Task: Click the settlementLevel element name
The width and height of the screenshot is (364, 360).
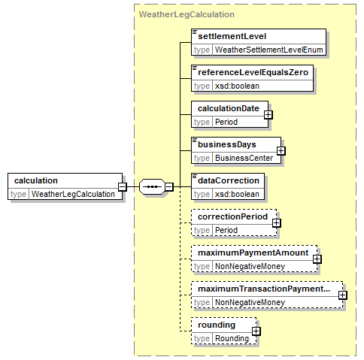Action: (232, 36)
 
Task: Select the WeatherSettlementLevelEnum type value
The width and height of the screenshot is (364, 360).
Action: (268, 50)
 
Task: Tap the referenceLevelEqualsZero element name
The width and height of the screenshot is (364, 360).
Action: (253, 72)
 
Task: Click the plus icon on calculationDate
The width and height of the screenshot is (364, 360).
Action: (268, 115)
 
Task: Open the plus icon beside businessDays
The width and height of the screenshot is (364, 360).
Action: (281, 151)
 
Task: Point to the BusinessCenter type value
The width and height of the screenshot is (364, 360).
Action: (244, 158)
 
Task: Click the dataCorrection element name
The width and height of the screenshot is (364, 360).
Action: (229, 180)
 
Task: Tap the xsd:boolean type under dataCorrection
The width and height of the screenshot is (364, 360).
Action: (237, 194)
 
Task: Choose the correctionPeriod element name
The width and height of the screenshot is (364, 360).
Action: (232, 216)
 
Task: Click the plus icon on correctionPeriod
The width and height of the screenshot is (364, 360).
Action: (277, 223)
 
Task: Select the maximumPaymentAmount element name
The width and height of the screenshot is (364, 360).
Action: (253, 253)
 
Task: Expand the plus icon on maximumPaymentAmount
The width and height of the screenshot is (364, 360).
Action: (317, 259)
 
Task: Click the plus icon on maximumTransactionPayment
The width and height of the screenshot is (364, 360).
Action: (343, 295)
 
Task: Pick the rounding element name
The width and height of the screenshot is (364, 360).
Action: (217, 325)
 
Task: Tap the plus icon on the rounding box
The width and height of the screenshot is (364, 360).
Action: (256, 331)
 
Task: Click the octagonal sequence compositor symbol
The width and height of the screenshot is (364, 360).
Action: (152, 186)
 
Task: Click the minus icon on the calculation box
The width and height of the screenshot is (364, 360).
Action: (123, 186)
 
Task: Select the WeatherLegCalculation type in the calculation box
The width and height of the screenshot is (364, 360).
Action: (73, 194)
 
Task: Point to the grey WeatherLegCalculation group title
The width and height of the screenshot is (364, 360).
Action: (187, 14)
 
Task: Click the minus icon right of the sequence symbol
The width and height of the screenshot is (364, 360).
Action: (169, 186)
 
